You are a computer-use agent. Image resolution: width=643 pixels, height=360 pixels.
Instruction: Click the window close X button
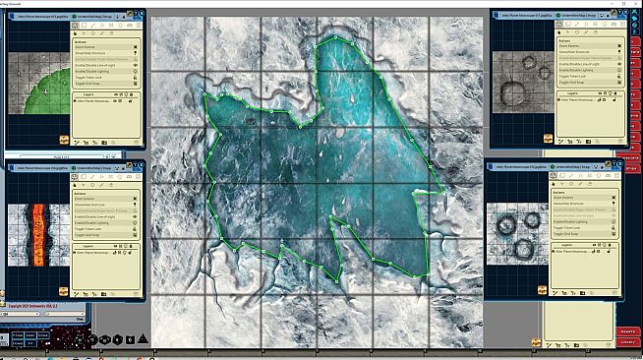(x=635, y=4)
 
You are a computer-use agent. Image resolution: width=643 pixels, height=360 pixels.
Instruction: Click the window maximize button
(x=619, y=4)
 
